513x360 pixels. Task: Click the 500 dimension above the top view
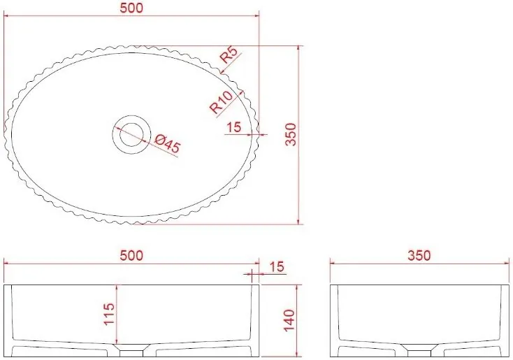click(x=131, y=8)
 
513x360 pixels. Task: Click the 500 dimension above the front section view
click(x=131, y=255)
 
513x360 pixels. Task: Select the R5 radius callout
click(x=229, y=55)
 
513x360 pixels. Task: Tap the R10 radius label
click(x=222, y=102)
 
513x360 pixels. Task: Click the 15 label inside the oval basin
click(x=233, y=127)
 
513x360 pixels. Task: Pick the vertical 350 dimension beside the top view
click(x=291, y=134)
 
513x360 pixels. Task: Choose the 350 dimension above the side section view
click(x=419, y=255)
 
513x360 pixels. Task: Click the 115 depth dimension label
click(x=109, y=314)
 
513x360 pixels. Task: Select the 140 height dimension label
click(x=289, y=320)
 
